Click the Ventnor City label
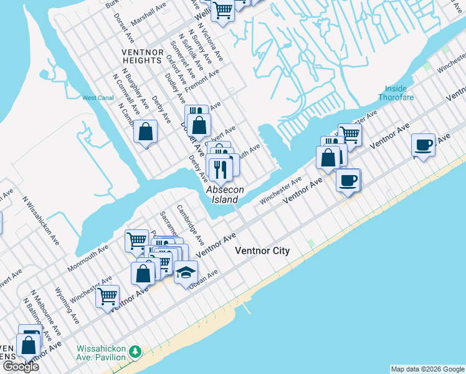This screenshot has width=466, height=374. click(262, 251)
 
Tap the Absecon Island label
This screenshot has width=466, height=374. click(222, 194)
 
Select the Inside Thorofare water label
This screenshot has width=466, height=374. click(396, 93)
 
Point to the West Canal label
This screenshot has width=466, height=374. click(97, 98)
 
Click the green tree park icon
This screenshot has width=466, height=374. click(135, 353)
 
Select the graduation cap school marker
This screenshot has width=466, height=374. click(186, 272)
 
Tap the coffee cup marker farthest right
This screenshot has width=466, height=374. click(424, 145)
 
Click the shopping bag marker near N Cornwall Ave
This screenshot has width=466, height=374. click(145, 132)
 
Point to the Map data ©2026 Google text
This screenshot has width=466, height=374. click(427, 369)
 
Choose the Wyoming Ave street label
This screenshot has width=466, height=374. click(65, 304)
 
